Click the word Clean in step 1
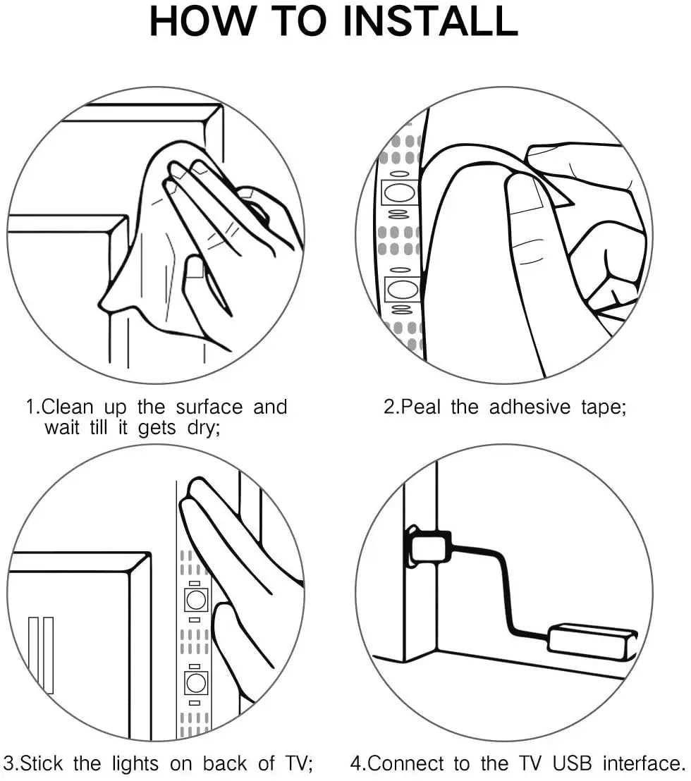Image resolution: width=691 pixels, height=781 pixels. (x=68, y=407)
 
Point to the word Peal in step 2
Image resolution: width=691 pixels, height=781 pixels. (x=421, y=407)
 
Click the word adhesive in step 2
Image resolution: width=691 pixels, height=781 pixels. (x=530, y=407)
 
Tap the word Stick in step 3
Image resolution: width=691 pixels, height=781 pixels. (x=42, y=763)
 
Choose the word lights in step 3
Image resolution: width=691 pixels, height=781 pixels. (x=135, y=764)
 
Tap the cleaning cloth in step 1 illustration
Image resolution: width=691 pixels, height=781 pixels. (x=164, y=249)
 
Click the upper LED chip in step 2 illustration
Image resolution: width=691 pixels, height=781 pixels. (x=399, y=192)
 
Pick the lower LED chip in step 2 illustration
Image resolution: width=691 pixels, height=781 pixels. (x=402, y=290)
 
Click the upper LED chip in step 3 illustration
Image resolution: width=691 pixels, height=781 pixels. (x=196, y=600)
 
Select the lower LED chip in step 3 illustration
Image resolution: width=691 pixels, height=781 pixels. (x=196, y=682)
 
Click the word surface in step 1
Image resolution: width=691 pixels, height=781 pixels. (x=209, y=407)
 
